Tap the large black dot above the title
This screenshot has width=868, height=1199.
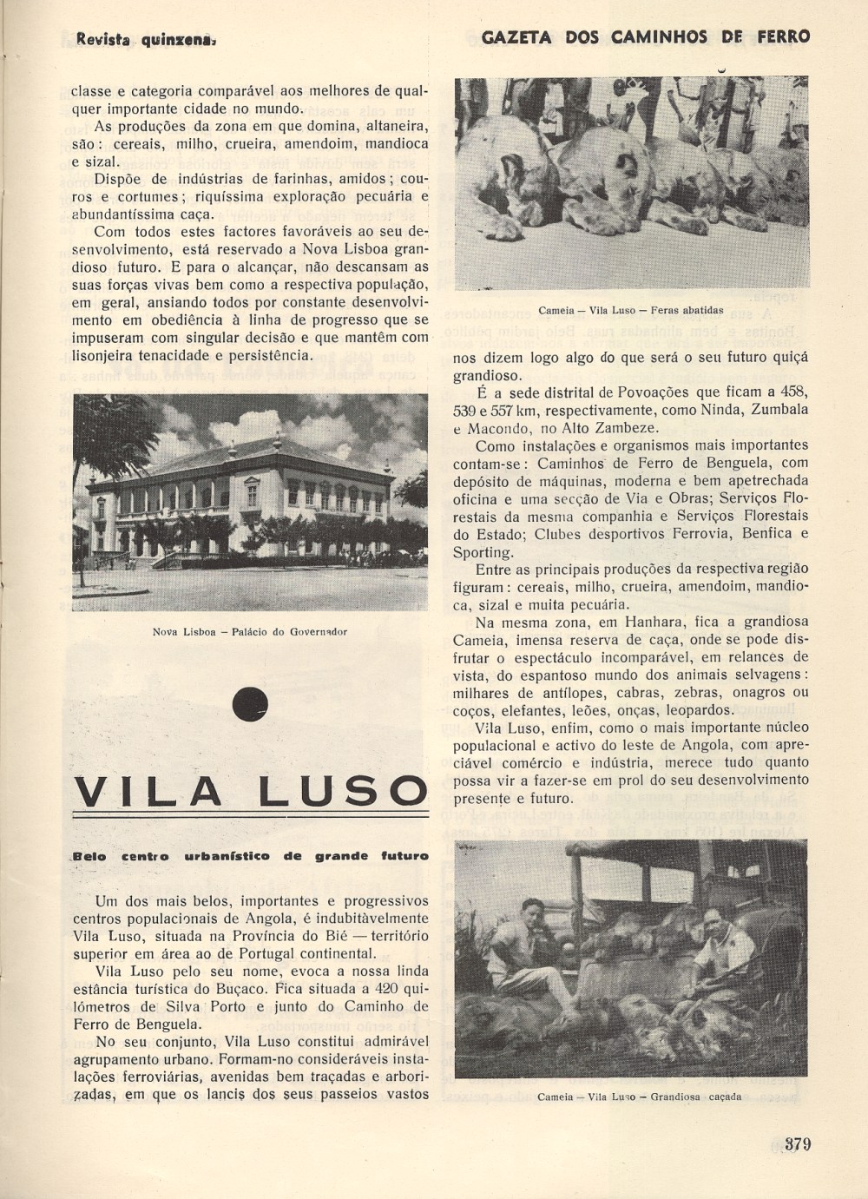click(x=251, y=702)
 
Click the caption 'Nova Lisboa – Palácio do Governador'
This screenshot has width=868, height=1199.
click(x=250, y=631)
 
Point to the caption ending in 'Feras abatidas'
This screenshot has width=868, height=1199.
click(x=631, y=309)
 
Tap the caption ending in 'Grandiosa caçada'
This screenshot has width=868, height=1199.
click(x=640, y=1097)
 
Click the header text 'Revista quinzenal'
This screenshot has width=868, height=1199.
click(x=145, y=38)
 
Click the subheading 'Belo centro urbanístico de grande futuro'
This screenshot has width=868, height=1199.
click(x=251, y=856)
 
